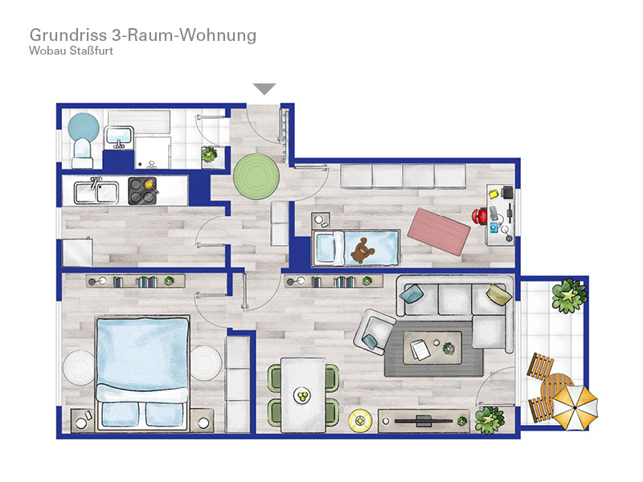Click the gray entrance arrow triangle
pyautogui.click(x=264, y=88)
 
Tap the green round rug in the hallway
pyautogui.click(x=256, y=177)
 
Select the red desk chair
pyautogui.click(x=479, y=216)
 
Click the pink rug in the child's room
pyautogui.click(x=439, y=231)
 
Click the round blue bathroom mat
pyautogui.click(x=84, y=127)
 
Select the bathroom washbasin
pyautogui.click(x=119, y=137)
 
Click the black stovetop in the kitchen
pyautogui.click(x=142, y=190)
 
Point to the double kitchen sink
pyautogui.click(x=96, y=192)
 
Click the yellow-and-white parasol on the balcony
pyautogui.click(x=575, y=406)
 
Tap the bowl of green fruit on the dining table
pyautogui.click(x=303, y=396)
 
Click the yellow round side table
pyautogui.click(x=360, y=420)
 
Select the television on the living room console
pyautogui.click(x=424, y=420)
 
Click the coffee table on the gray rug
pyautogui.click(x=432, y=348)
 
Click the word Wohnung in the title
pyautogui.click(x=218, y=35)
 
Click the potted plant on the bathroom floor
pyautogui.click(x=209, y=154)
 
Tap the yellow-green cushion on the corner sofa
pyautogui.click(x=499, y=294)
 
